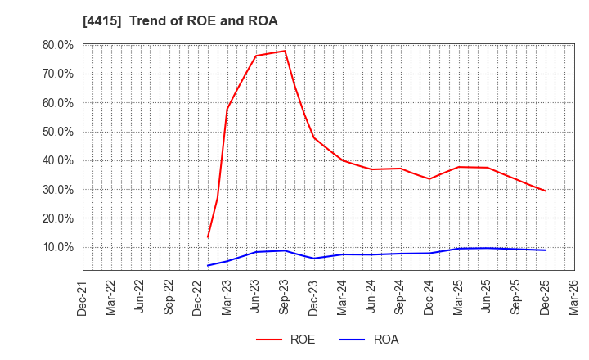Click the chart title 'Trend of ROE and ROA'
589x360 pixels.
[x=203, y=21]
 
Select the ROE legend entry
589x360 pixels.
[x=286, y=340]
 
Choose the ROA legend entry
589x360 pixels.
[x=369, y=340]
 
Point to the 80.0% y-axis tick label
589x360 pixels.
[x=57, y=45]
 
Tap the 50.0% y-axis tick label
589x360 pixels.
[x=57, y=132]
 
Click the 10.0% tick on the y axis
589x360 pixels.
[x=57, y=247]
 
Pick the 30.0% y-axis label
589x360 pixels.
[x=57, y=190]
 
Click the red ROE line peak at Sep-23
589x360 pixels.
[x=285, y=51]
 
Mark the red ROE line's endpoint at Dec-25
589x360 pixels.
[x=546, y=191]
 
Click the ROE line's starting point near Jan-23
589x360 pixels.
[x=208, y=237]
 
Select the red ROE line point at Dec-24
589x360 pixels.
[x=429, y=179]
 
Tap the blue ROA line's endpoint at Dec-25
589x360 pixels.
[x=546, y=250]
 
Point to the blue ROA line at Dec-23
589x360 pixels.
[x=314, y=259]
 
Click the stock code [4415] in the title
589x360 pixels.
[x=102, y=21]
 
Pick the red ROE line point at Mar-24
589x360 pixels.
[x=343, y=160]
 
